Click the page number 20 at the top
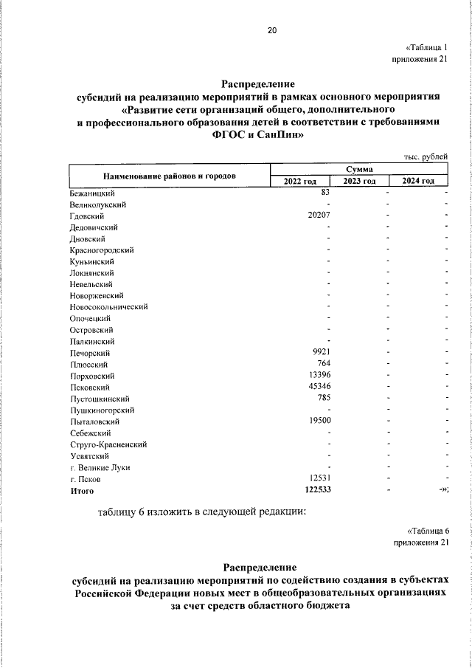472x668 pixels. tap(272, 30)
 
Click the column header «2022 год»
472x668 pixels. tap(299, 182)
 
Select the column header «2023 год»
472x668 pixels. tap(359, 182)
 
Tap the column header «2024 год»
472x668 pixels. tap(418, 182)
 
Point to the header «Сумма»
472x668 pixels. tap(358, 170)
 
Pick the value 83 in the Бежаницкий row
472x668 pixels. tap(324, 193)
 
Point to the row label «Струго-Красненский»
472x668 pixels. tap(108, 444)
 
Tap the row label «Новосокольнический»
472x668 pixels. tap(109, 306)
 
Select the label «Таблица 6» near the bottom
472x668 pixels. tap(428, 531)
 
